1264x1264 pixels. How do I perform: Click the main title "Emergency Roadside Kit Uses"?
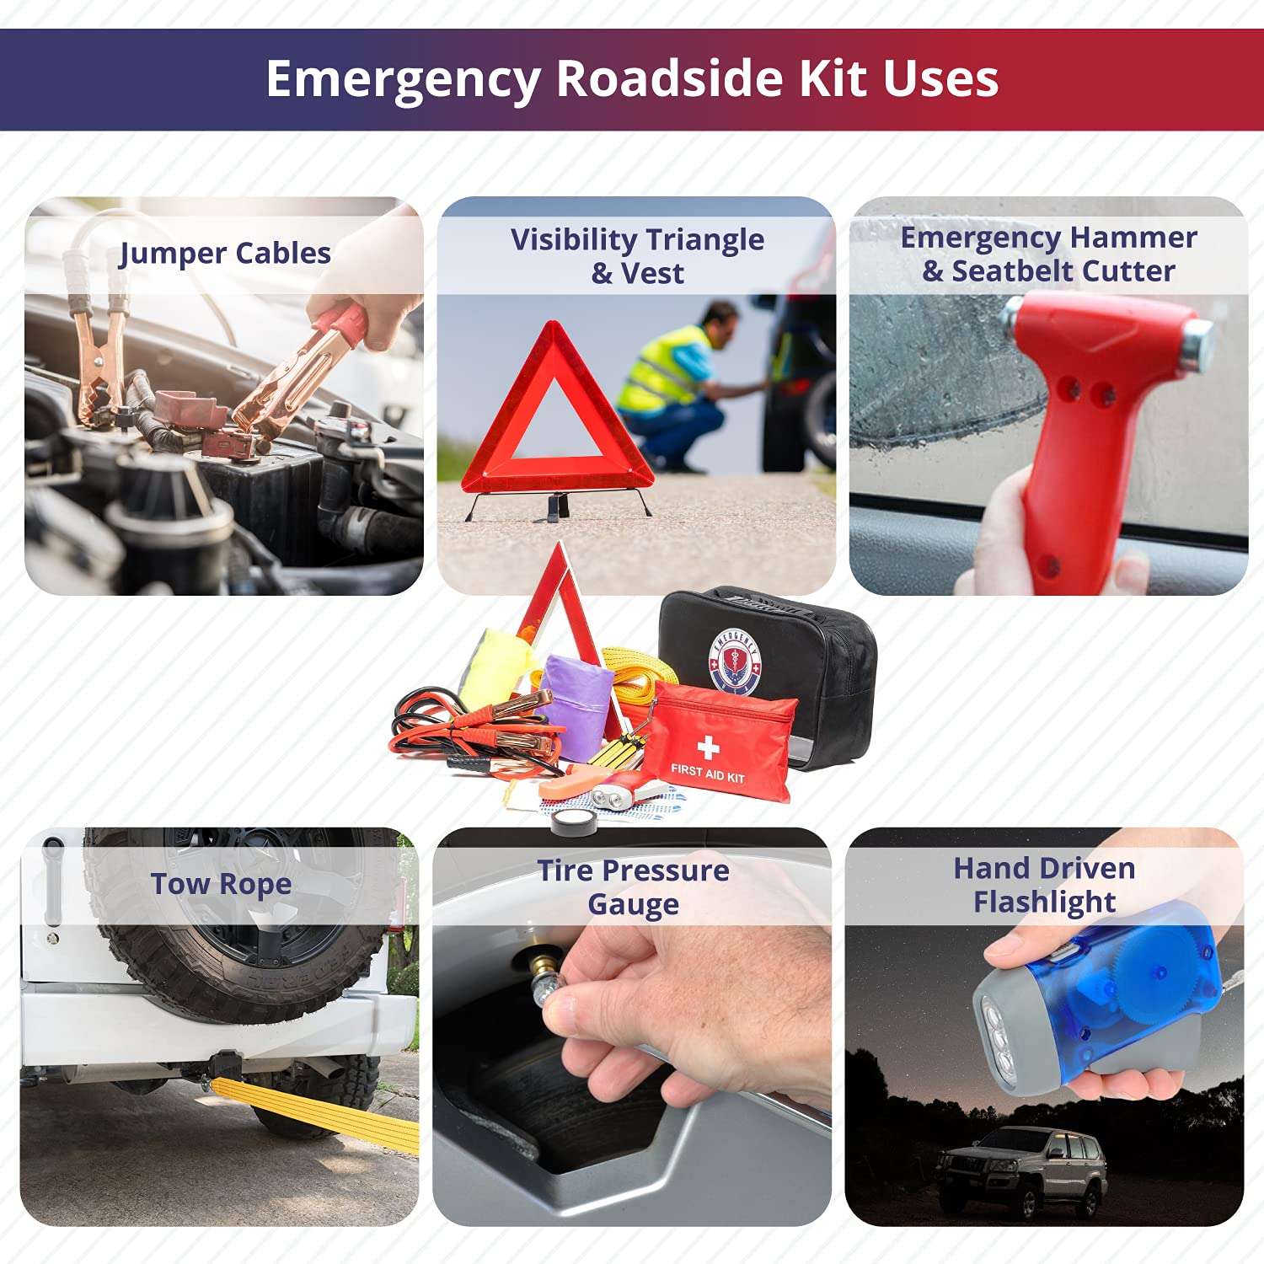point(632,79)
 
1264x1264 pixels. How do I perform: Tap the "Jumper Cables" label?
point(224,253)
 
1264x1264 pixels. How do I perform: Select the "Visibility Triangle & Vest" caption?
point(637,255)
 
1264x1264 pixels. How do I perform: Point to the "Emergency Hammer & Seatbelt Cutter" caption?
point(1048,254)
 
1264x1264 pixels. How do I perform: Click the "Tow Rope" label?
point(221,884)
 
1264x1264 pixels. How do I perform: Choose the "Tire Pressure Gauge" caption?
point(633,886)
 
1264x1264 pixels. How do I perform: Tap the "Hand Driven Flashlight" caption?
point(1044,885)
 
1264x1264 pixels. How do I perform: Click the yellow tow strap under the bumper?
point(320,1112)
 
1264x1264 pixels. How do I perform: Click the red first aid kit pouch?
point(716,742)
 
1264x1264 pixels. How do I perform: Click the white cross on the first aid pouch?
point(708,747)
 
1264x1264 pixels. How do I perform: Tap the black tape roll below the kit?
point(574,820)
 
